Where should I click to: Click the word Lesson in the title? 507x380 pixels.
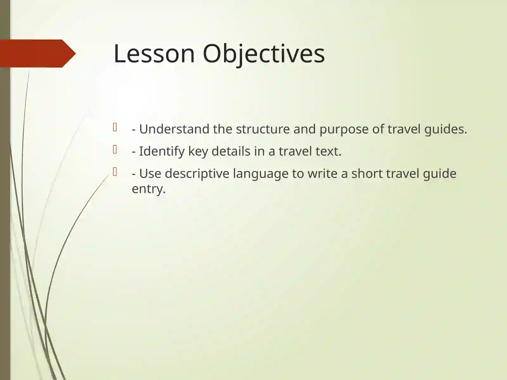(x=154, y=54)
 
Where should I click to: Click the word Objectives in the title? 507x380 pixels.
(x=264, y=54)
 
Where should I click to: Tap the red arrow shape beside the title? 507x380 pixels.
(x=37, y=54)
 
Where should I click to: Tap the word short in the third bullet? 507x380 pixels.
(x=367, y=174)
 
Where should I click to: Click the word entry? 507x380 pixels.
(x=148, y=189)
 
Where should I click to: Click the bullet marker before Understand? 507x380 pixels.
(x=115, y=127)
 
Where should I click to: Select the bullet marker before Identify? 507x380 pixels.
(x=115, y=149)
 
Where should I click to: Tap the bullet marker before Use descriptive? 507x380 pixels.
(x=115, y=172)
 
